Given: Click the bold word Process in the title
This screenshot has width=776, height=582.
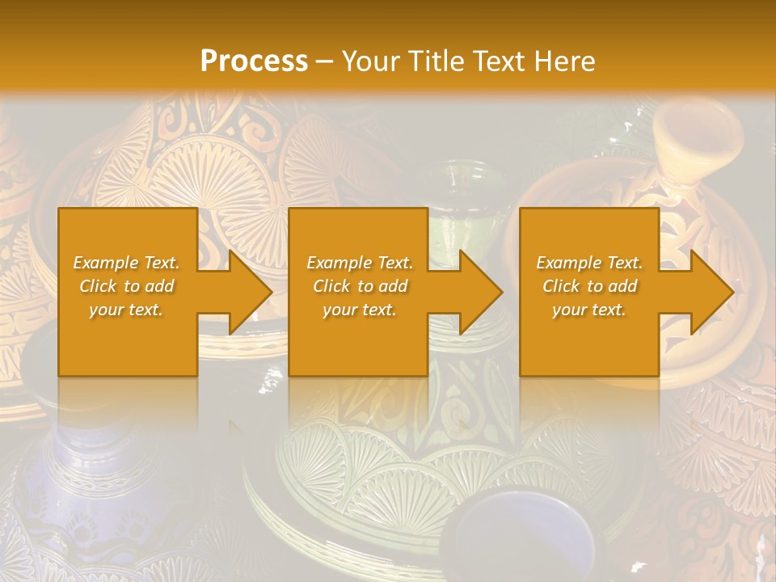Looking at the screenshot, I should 254,61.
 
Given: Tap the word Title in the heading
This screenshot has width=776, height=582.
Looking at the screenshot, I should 436,61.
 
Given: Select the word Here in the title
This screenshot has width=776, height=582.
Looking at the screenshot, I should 565,61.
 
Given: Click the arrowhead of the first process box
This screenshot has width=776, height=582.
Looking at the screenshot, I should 247,292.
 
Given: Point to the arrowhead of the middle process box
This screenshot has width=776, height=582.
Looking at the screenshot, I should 478,292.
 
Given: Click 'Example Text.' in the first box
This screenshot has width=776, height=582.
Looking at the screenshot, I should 127,263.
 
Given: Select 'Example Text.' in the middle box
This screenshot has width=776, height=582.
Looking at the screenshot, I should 360,263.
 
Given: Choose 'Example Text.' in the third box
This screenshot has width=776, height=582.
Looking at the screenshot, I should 589,263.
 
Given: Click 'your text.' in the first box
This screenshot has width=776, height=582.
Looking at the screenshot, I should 127,310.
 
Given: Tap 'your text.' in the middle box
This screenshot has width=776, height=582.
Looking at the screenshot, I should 360,310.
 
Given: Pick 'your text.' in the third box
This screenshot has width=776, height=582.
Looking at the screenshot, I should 589,310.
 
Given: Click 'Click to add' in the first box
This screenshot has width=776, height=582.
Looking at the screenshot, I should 127,286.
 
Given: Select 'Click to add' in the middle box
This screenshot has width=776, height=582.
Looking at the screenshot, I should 360,286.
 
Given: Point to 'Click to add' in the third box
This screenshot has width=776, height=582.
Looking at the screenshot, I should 589,286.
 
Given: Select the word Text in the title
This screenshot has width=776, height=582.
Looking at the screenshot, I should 501,61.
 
